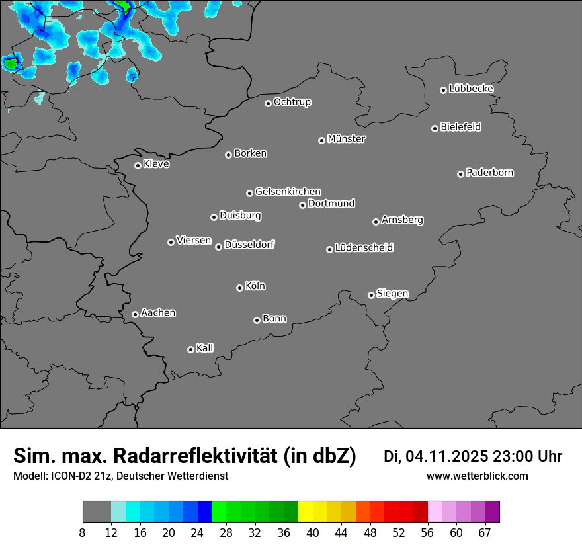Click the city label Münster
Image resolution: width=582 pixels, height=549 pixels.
347,139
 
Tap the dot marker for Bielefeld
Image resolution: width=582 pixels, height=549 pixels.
435,128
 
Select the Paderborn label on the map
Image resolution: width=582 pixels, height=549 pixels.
490,173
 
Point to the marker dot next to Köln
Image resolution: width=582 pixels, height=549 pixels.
239,288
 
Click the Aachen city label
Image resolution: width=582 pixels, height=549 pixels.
158,312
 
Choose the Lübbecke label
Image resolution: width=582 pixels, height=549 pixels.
471,89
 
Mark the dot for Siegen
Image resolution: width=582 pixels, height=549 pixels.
371,295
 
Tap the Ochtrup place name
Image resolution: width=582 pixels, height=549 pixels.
292,102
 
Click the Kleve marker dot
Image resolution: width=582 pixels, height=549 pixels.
138,165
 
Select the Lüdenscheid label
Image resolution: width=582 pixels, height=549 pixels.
364,247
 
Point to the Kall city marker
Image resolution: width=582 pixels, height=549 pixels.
190,349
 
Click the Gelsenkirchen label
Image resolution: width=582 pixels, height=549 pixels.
288,192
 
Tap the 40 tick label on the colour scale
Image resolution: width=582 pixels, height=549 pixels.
312,532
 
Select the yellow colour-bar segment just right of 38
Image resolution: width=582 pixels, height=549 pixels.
305,512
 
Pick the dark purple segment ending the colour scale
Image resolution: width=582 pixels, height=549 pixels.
492,512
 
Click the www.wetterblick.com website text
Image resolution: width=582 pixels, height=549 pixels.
477,476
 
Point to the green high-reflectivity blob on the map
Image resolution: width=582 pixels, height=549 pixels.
11,63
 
